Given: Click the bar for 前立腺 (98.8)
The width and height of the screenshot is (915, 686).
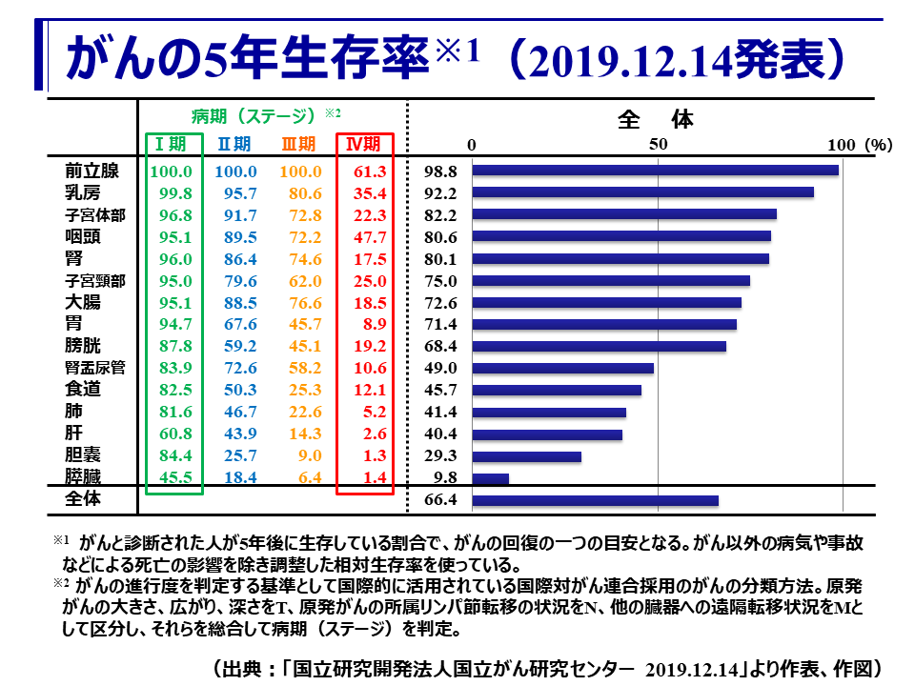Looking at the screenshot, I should pyautogui.click(x=655, y=171).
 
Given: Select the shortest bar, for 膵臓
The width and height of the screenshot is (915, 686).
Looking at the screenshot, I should pyautogui.click(x=490, y=478).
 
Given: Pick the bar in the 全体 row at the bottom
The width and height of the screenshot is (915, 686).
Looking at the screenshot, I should pyautogui.click(x=595, y=500).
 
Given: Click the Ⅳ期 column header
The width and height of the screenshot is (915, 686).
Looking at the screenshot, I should pyautogui.click(x=363, y=144).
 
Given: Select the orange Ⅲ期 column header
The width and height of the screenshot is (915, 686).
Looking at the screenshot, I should pyautogui.click(x=298, y=144).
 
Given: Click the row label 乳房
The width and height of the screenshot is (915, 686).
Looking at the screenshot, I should pyautogui.click(x=83, y=192).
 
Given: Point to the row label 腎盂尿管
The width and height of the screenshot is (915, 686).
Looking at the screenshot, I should pyautogui.click(x=95, y=368).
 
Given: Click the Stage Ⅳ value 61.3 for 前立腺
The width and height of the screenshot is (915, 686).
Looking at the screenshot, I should pyautogui.click(x=368, y=171).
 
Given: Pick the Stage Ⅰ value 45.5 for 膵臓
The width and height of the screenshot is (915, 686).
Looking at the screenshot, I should pyautogui.click(x=172, y=478).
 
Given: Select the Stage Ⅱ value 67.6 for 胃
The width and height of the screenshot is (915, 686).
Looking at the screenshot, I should pyautogui.click(x=235, y=325).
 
